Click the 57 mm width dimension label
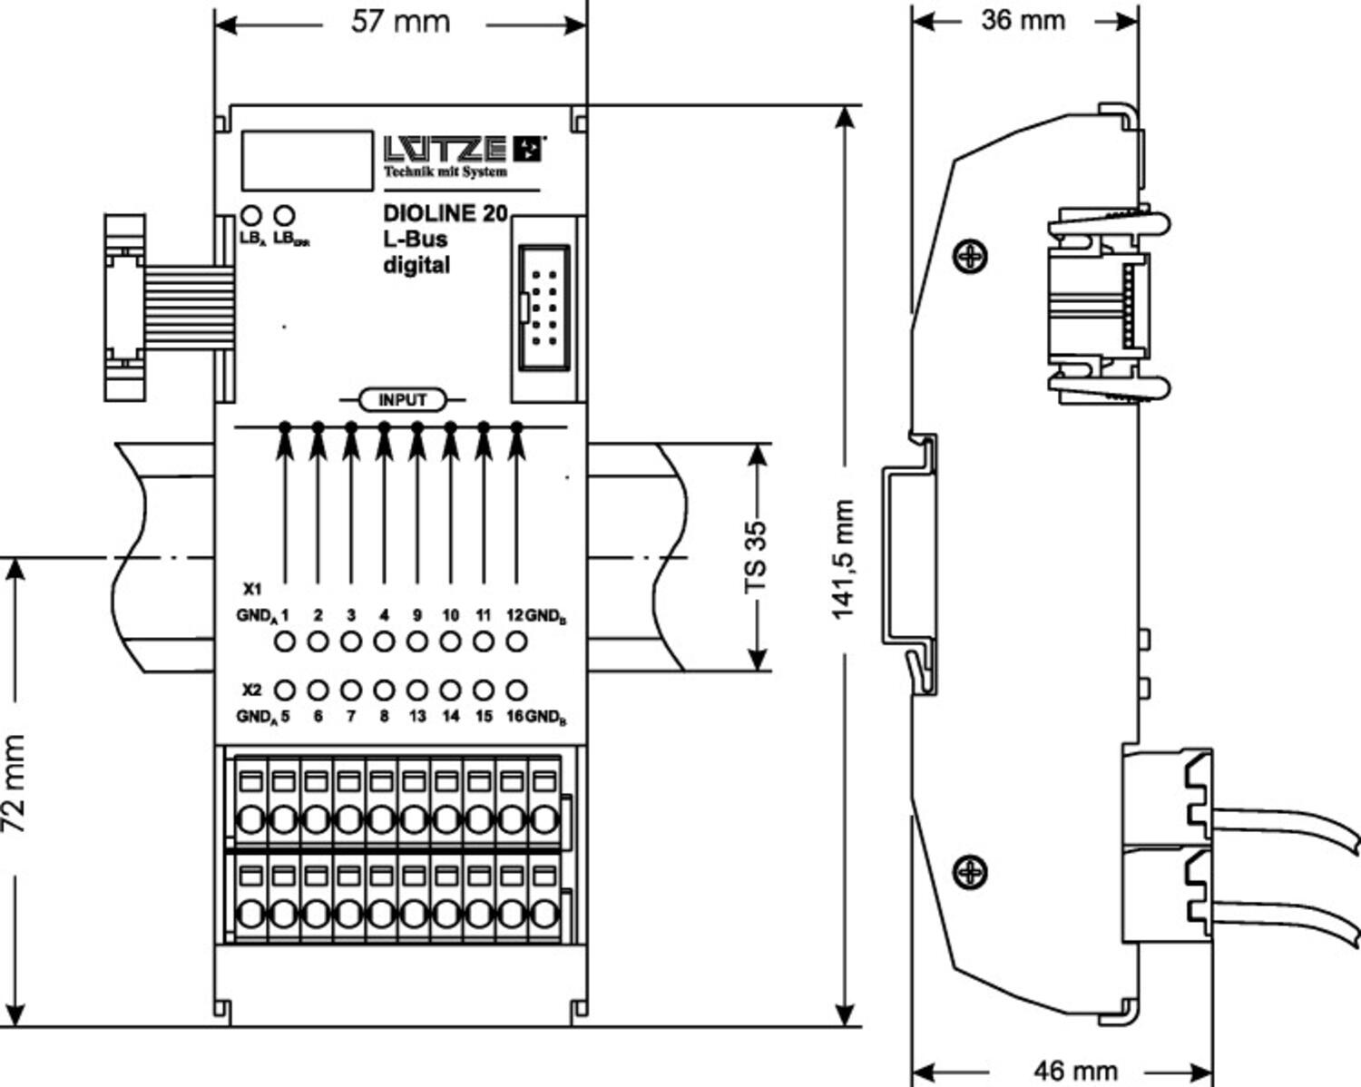[400, 22]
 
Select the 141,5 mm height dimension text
[844, 559]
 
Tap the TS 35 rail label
[756, 557]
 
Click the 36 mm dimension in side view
[1023, 20]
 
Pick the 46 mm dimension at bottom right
[1075, 1070]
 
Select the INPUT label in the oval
[402, 400]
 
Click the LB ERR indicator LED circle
[284, 216]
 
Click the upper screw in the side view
[970, 256]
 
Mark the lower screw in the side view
[970, 872]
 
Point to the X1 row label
[252, 586]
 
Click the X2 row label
[252, 690]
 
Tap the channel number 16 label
[514, 716]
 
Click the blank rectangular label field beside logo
[307, 161]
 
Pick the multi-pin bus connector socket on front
[544, 308]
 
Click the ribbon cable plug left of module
[124, 308]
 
